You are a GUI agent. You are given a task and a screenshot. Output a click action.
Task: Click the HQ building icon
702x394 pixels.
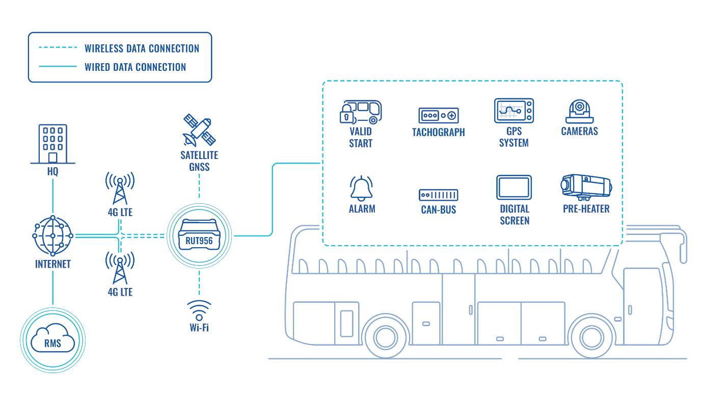(x=52, y=144)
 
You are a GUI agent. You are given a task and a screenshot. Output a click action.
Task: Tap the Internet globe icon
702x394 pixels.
(x=52, y=235)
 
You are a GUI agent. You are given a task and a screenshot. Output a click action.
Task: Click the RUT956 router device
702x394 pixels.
(x=199, y=235)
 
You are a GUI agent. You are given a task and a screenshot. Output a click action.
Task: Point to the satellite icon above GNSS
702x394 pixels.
(x=199, y=130)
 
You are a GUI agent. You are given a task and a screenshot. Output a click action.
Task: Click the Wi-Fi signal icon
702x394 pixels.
(x=199, y=310)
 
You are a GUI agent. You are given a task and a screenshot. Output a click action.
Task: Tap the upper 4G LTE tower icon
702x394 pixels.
(x=120, y=188)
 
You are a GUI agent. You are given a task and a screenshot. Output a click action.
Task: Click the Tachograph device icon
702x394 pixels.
(x=439, y=115)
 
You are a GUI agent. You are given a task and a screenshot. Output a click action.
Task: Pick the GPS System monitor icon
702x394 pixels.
(x=514, y=111)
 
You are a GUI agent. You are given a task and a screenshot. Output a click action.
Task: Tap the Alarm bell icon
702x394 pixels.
(x=361, y=188)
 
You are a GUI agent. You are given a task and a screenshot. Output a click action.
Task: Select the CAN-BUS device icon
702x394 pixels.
(x=439, y=195)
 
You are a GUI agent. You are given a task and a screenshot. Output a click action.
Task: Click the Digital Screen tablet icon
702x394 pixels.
(x=514, y=188)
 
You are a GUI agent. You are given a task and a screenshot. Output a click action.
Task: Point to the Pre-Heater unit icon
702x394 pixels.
(x=586, y=187)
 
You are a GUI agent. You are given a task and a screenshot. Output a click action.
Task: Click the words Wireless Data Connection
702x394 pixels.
(x=142, y=48)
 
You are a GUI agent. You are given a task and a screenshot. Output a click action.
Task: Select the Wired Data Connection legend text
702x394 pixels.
(x=136, y=67)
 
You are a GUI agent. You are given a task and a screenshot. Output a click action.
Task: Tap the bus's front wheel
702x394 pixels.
(x=591, y=338)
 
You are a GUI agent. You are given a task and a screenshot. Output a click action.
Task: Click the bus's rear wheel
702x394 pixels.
(x=386, y=338)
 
